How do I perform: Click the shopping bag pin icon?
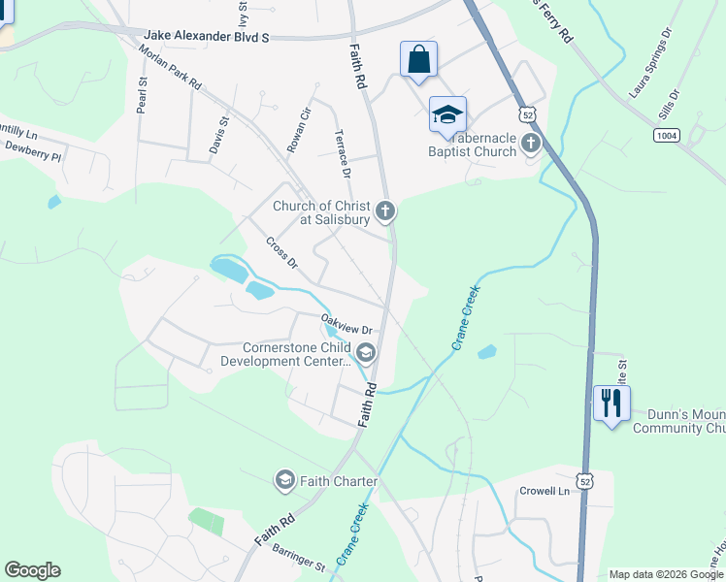(418, 59)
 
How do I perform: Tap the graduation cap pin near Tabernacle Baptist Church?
(447, 114)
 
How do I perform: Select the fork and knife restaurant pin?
(611, 403)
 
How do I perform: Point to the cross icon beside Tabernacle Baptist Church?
(530, 145)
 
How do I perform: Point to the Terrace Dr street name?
(342, 154)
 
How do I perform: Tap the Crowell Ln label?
(544, 492)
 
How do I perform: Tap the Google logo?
(32, 570)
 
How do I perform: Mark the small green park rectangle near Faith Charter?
(206, 522)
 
